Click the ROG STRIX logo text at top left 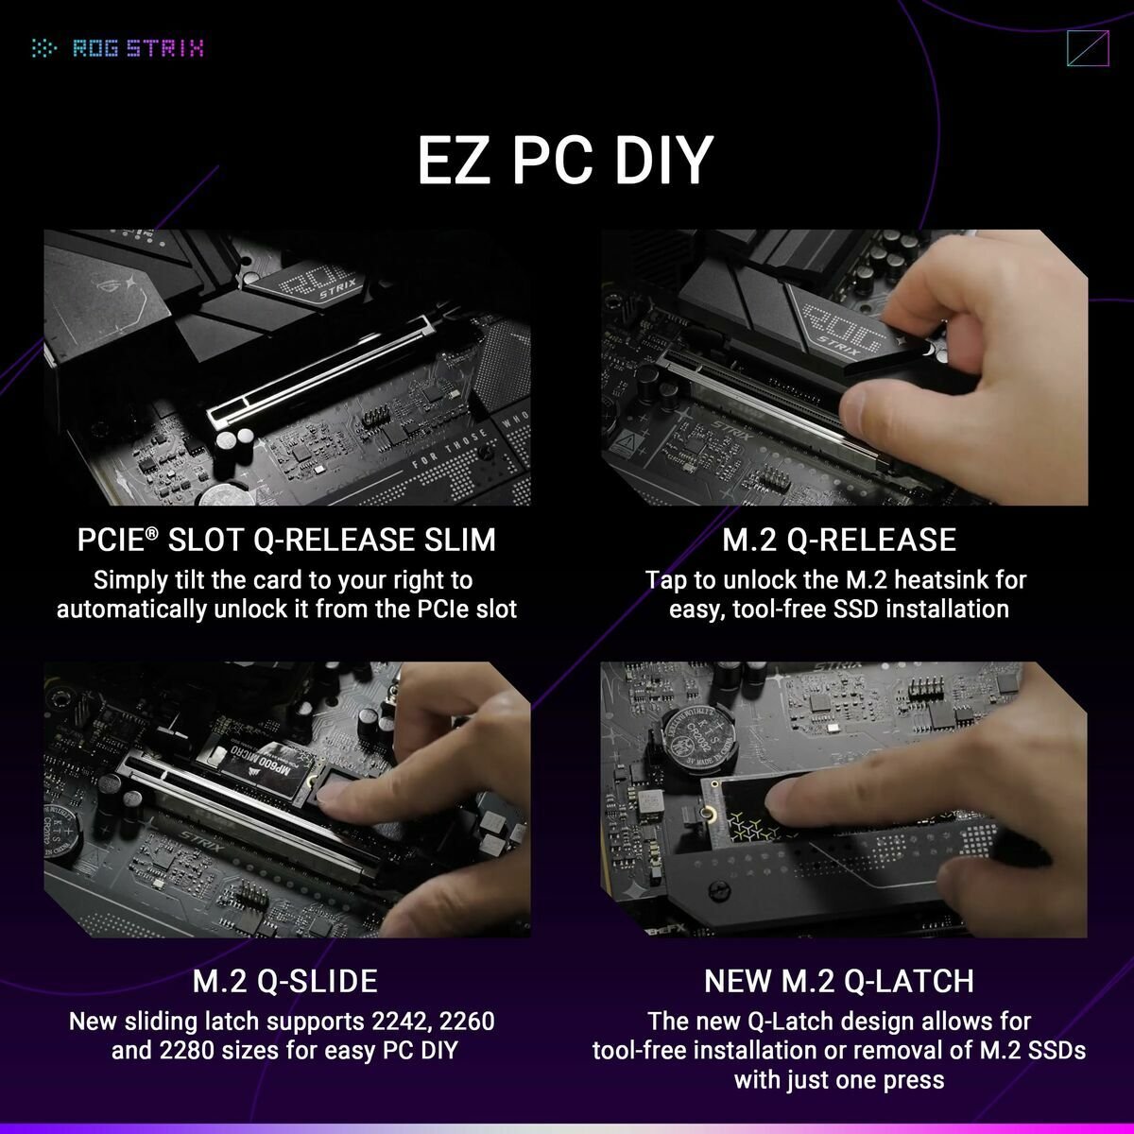[138, 48]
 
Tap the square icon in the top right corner [1086, 49]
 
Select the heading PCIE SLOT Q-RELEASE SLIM [286, 540]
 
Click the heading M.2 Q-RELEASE [839, 540]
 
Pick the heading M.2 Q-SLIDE [284, 981]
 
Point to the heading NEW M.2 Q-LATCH [839, 981]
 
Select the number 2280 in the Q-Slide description [175, 1051]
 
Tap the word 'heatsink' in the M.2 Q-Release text [887, 579]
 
